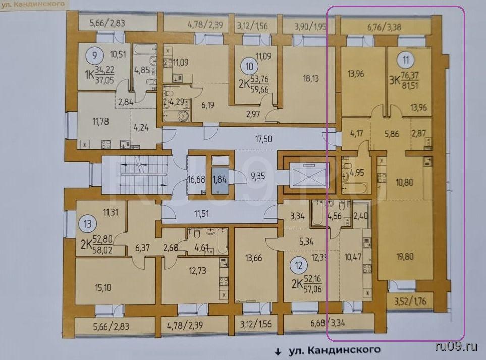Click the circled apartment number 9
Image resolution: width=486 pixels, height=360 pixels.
click(94, 56)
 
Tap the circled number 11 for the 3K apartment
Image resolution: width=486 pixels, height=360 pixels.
click(406, 60)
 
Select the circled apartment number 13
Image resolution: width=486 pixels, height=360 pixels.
click(88, 223)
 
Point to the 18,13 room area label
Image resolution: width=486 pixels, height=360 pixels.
click(310, 78)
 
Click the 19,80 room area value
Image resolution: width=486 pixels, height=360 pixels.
click(405, 256)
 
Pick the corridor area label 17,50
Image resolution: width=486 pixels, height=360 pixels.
click(263, 139)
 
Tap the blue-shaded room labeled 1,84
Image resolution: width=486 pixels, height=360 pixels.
click(220, 179)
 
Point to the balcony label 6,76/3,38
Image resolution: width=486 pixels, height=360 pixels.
click(385, 27)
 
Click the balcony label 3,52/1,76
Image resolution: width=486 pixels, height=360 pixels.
click(410, 301)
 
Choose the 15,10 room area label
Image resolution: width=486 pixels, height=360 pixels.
click(103, 288)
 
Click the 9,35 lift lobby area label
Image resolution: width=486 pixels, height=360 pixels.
click(258, 176)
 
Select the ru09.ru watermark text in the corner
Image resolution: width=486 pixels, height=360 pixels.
click(456, 347)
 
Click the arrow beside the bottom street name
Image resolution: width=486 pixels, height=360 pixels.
click(278, 352)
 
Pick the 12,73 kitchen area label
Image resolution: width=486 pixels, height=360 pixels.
click(198, 271)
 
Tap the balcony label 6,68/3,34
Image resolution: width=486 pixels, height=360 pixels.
click(328, 323)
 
